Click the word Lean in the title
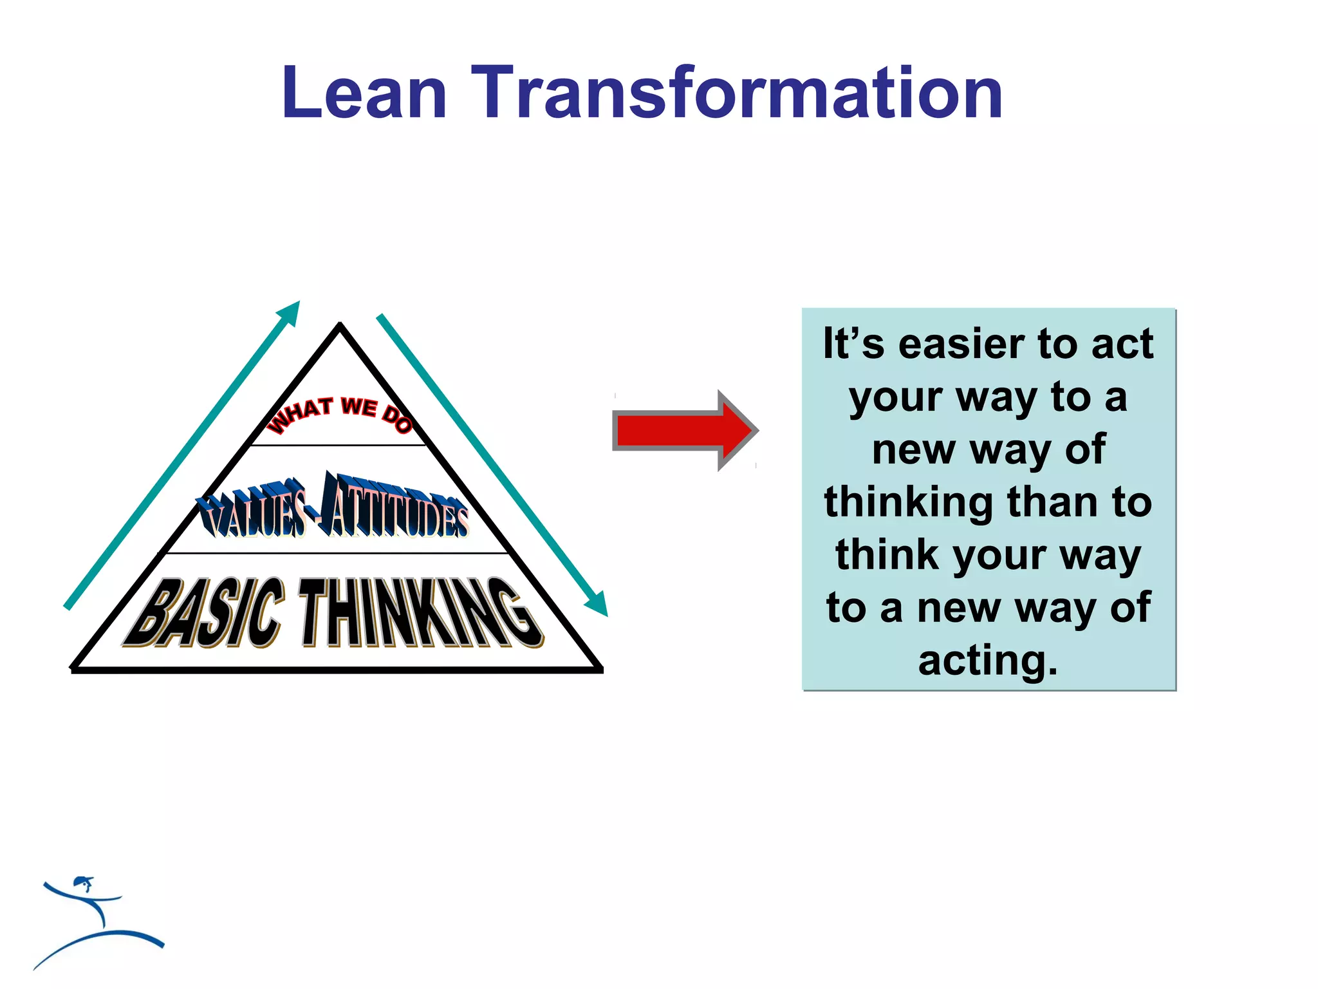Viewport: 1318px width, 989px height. (x=364, y=93)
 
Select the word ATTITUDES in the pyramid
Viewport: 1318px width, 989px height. (x=394, y=507)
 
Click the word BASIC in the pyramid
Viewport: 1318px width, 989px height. (x=205, y=613)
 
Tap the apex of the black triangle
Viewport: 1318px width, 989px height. (x=340, y=325)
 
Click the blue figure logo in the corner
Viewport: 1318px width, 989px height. (x=97, y=921)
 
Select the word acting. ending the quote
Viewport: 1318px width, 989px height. (x=988, y=661)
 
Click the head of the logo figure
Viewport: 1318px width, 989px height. (x=82, y=881)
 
